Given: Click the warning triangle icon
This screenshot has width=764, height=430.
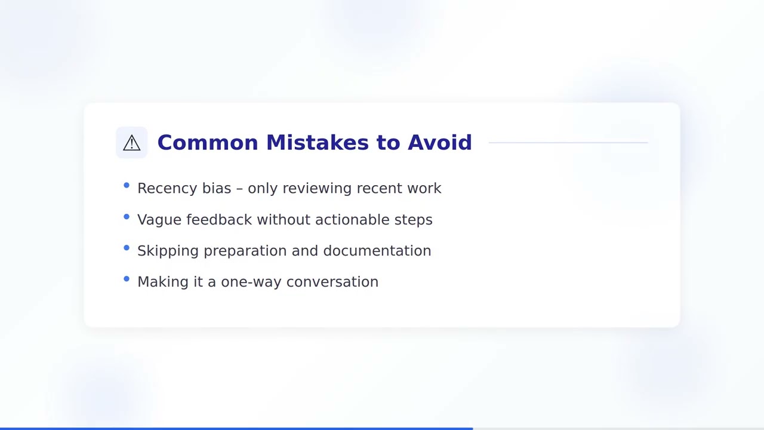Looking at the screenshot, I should point(131,143).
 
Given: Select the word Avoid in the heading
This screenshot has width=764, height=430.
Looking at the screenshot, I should point(439,143).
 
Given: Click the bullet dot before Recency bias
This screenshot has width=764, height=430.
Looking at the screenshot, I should point(127,186).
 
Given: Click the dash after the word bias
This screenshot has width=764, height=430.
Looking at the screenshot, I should point(239,189).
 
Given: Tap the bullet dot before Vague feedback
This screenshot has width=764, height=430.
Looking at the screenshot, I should point(127,217).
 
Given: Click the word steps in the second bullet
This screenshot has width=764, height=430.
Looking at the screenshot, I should point(413,220).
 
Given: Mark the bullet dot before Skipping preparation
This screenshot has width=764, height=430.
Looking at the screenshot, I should point(127,248).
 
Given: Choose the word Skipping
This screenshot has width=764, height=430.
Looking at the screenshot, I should point(168,251).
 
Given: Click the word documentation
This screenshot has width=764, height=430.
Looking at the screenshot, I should point(377,251).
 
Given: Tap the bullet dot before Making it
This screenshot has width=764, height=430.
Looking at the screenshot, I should point(127,279).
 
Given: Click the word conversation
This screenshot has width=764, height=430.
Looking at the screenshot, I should point(332,282).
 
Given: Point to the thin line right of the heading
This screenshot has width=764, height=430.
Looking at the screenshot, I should point(568,143).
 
